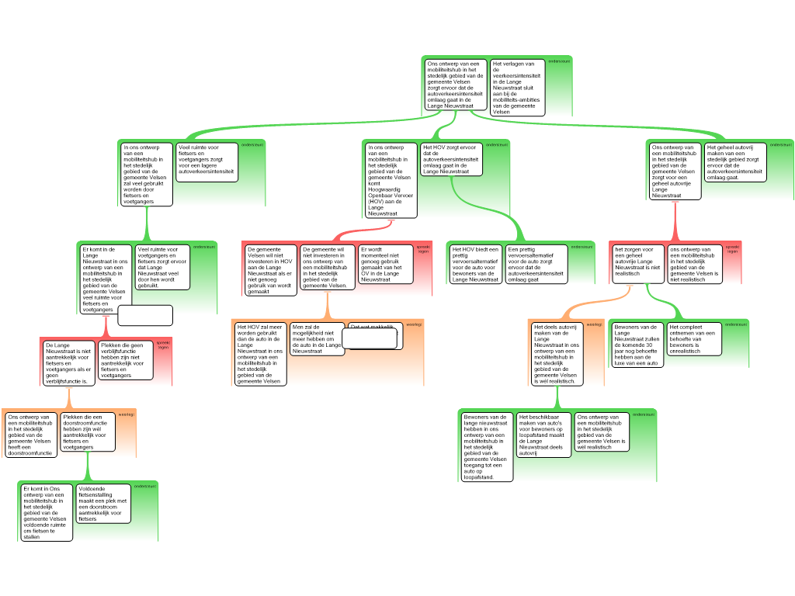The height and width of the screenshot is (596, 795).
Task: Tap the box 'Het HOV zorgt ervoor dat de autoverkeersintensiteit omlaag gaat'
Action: [x=450, y=158]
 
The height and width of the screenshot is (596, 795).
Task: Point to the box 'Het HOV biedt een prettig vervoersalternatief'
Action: [x=476, y=264]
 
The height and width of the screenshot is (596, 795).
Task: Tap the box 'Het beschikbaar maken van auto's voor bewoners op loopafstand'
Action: [x=544, y=435]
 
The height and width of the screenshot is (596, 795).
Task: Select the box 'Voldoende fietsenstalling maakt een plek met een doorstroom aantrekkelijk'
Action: [x=103, y=502]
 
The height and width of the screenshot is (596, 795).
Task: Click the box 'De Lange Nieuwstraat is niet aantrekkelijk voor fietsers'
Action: [x=68, y=362]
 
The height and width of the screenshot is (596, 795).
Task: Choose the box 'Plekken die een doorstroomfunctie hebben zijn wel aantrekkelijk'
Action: [x=88, y=431]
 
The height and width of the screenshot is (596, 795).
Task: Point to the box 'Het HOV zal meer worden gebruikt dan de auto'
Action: [x=259, y=354]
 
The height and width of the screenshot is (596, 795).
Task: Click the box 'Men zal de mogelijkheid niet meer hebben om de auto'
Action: [x=316, y=340]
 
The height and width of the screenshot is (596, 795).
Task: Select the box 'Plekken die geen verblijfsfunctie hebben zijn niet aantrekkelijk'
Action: [x=126, y=360]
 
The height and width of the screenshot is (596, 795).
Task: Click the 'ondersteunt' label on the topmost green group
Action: [x=559, y=61]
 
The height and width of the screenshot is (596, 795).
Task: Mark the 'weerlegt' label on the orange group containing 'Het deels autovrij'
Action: [x=594, y=324]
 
